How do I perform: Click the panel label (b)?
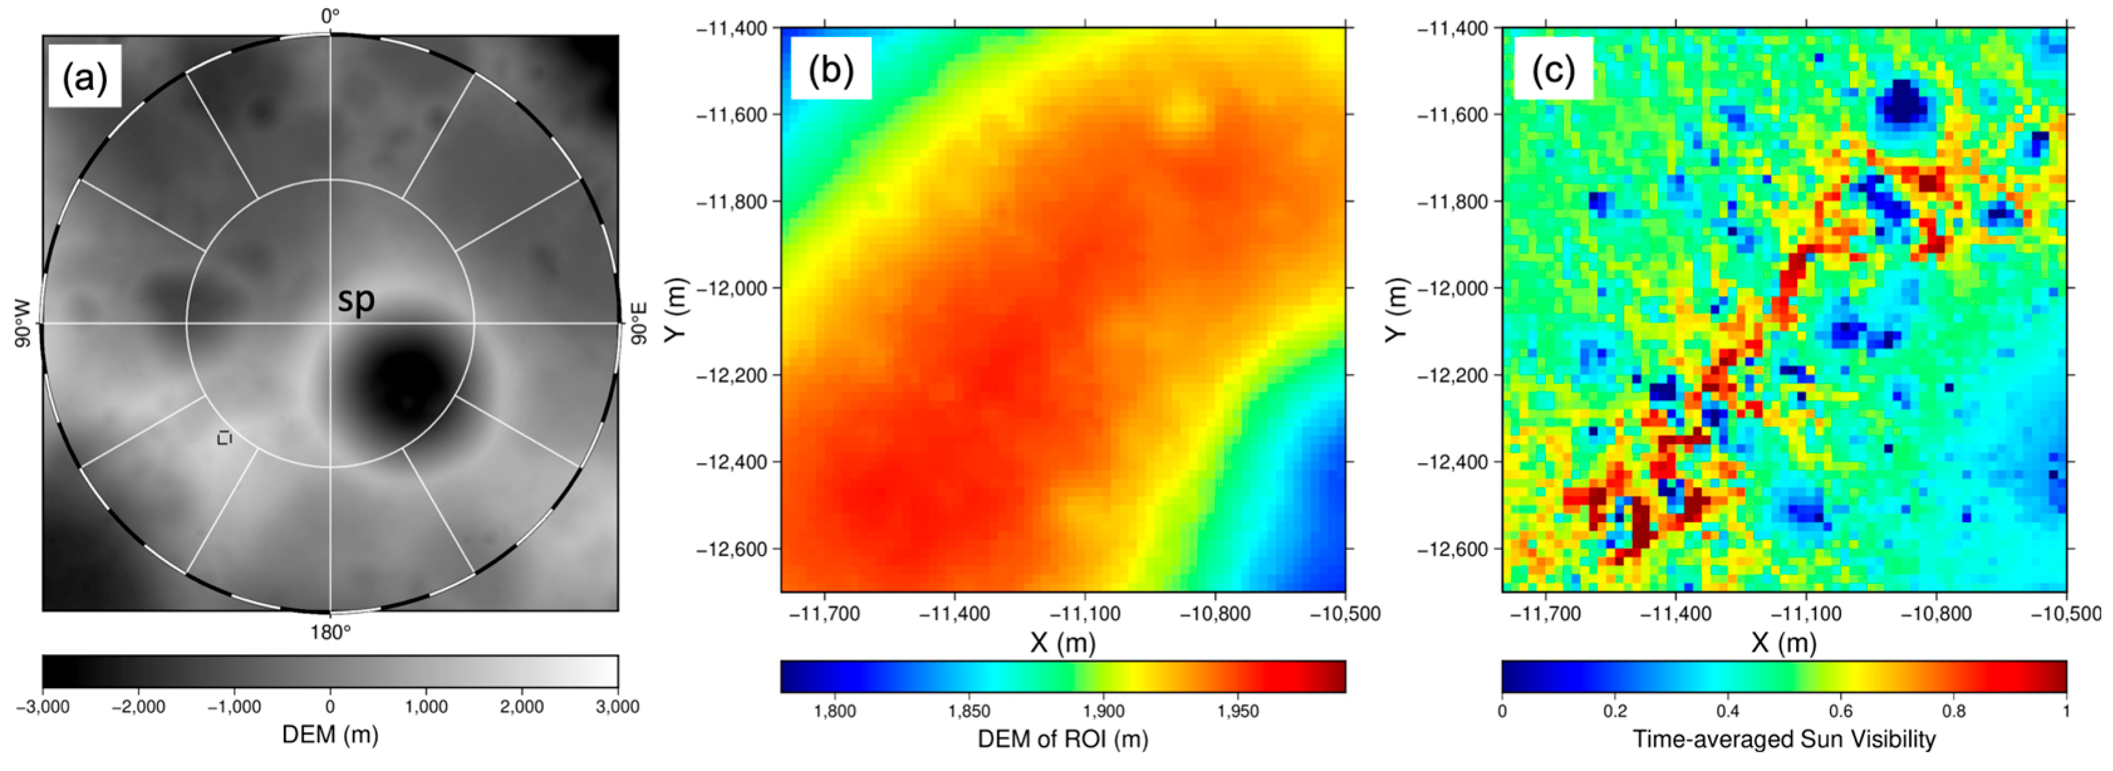[x=830, y=70]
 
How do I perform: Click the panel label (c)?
[x=1553, y=70]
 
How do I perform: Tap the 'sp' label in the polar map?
[x=357, y=300]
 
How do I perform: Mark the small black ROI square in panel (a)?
[x=224, y=438]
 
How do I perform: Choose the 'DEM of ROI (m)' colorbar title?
[x=1063, y=739]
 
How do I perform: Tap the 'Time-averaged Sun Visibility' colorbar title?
[x=1784, y=739]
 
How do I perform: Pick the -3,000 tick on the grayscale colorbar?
[x=43, y=707]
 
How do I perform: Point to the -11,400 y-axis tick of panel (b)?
[x=732, y=29]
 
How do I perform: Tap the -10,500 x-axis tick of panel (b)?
[x=1345, y=613]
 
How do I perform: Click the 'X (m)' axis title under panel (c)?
[x=1784, y=643]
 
